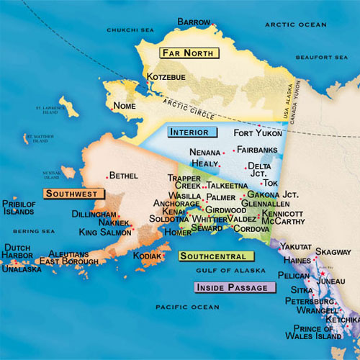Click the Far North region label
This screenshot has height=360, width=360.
(188, 53)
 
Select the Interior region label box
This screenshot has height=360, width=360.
(189, 132)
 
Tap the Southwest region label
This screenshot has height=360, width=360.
(73, 194)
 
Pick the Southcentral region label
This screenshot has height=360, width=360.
(216, 256)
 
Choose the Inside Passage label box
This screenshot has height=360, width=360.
(235, 287)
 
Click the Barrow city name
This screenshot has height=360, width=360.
(194, 22)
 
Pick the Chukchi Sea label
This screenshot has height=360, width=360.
(130, 30)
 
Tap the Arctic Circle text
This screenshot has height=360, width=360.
(194, 107)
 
